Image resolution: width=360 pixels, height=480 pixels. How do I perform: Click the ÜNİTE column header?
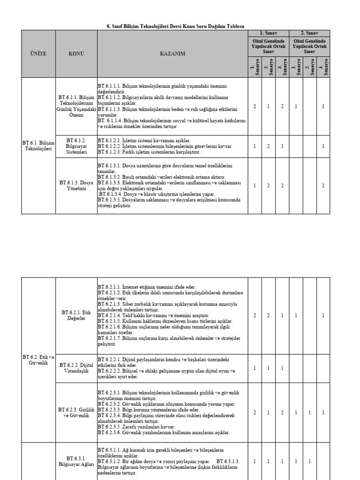[x=38, y=54]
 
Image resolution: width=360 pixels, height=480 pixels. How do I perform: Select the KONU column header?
[x=76, y=54]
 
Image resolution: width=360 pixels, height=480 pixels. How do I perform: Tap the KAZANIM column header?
[x=172, y=54]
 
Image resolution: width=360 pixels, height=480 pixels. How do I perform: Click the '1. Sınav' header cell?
[x=268, y=33]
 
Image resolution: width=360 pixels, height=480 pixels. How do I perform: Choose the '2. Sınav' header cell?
[x=309, y=33]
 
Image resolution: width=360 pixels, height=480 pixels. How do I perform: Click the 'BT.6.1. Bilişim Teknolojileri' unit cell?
[x=38, y=145]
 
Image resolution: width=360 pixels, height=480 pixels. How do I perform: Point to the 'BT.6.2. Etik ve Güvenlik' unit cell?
[x=38, y=360]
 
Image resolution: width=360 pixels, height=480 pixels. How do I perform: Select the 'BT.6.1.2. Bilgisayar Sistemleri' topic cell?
[x=76, y=146]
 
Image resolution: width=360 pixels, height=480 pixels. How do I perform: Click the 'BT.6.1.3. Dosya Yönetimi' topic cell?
[x=76, y=186]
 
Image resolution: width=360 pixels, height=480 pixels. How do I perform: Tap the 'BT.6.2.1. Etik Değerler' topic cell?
[x=76, y=315]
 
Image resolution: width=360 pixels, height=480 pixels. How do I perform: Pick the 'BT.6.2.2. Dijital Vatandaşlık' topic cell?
[x=76, y=368]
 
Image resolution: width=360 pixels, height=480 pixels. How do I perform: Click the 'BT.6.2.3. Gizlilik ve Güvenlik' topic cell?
[x=76, y=412]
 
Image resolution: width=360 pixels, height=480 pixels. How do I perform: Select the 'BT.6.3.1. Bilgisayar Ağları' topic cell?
[x=76, y=461]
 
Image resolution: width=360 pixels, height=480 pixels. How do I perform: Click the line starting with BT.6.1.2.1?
[x=144, y=141]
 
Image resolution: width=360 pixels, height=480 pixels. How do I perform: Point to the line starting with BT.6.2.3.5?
[x=138, y=427]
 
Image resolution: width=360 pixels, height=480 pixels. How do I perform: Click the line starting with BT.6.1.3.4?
[x=157, y=194]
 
